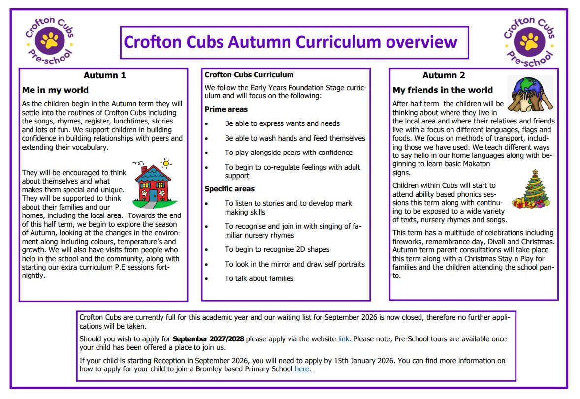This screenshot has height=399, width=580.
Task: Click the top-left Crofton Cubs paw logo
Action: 49,41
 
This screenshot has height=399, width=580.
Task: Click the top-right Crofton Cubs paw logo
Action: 529,42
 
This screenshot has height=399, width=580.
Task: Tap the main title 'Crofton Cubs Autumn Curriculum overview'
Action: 290,42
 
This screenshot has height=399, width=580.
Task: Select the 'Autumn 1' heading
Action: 104,75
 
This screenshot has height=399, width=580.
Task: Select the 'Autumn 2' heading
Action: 443,75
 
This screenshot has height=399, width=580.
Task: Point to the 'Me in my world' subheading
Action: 55,90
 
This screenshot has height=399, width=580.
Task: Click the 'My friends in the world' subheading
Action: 442,90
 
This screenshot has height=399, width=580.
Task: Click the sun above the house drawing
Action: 166,163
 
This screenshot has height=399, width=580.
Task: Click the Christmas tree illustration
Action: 532,189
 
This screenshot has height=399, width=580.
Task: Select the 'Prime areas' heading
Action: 226,109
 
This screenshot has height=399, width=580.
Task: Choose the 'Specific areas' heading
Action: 229,189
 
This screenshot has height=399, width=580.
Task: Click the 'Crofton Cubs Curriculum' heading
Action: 249,75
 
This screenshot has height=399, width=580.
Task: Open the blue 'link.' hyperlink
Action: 344,339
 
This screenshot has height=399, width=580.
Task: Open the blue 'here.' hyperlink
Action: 303,369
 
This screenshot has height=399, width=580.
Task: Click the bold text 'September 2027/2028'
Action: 209,339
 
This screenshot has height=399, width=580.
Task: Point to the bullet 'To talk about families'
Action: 259,278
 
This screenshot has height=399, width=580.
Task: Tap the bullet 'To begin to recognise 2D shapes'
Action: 277,249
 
